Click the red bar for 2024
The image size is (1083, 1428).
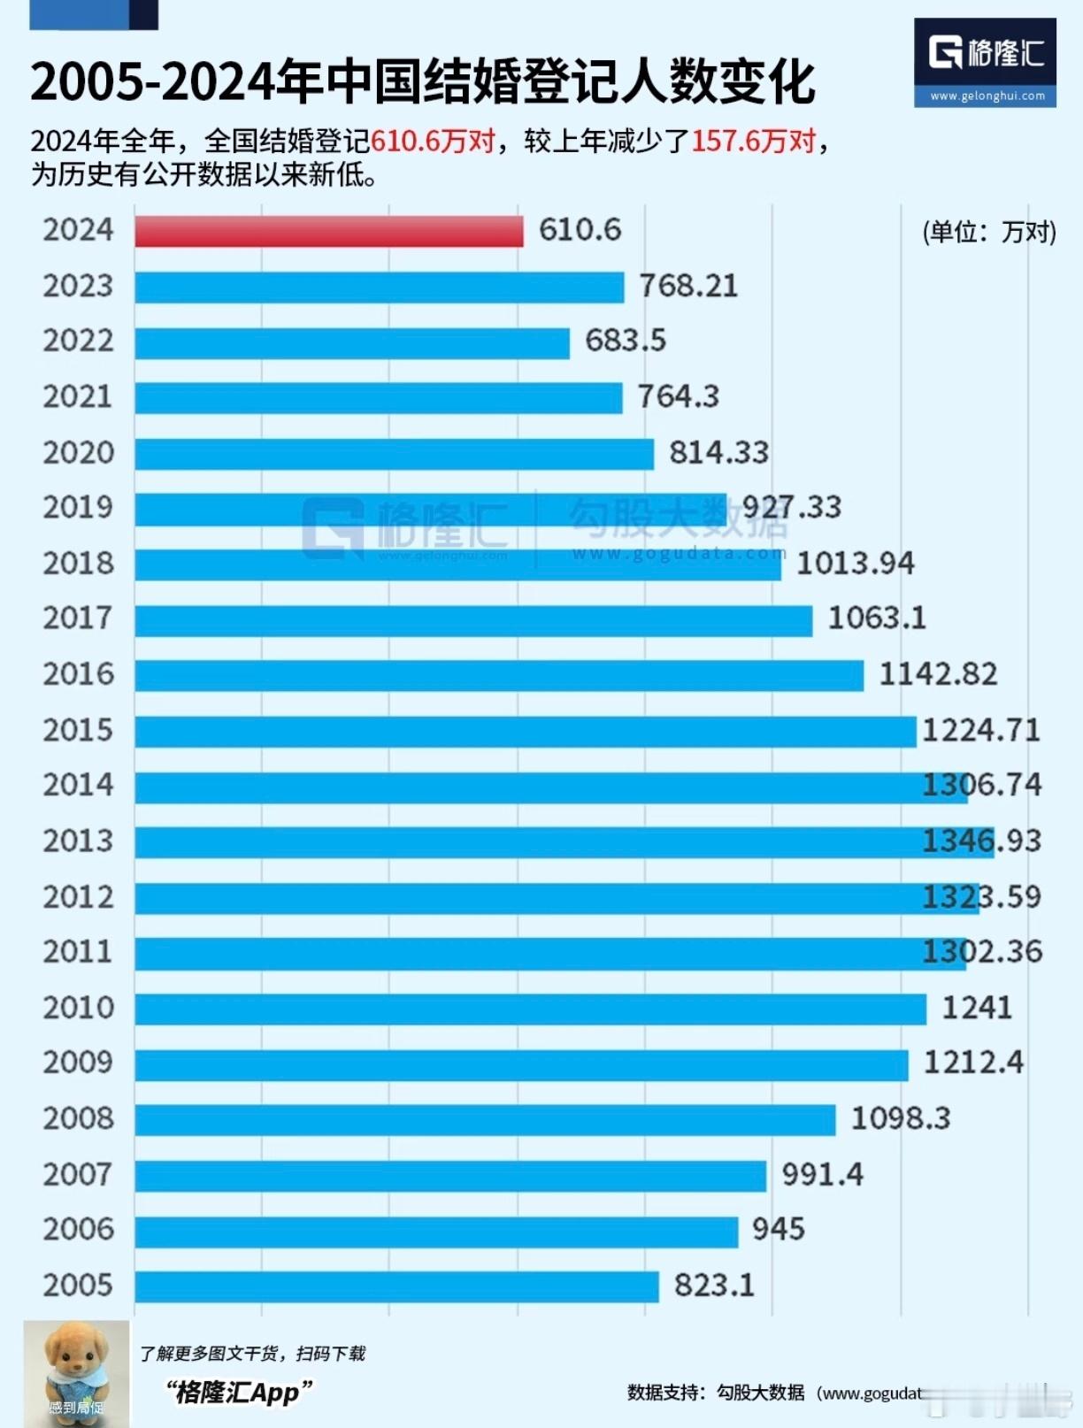click(328, 231)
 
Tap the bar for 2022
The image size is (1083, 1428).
click(352, 342)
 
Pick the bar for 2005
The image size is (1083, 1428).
click(396, 1286)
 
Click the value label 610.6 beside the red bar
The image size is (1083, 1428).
click(580, 230)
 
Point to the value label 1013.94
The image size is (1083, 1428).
click(855, 564)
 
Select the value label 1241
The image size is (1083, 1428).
click(976, 1008)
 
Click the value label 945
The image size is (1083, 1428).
click(778, 1230)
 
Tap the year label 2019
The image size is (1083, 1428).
click(78, 508)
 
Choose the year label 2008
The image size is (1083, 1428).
click(78, 1119)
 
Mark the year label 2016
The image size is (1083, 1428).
click(78, 675)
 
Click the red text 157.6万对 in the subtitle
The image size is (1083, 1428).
click(753, 142)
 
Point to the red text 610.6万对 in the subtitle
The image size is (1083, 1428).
click(433, 142)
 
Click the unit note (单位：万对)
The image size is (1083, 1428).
click(989, 233)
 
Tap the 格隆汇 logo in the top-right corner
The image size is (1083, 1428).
click(985, 62)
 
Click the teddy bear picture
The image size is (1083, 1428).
click(76, 1373)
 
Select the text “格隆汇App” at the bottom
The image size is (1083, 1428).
click(239, 1393)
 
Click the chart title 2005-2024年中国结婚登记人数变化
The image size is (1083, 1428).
click(422, 82)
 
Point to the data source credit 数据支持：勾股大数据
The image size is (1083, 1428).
click(716, 1393)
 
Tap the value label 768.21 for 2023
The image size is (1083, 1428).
click(687, 287)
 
